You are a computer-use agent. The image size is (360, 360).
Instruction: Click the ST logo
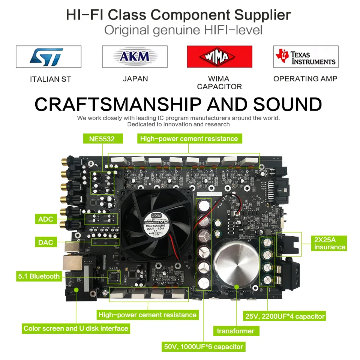(48, 57)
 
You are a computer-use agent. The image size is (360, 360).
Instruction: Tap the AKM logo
(135, 57)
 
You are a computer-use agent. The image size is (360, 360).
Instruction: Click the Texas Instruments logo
(306, 57)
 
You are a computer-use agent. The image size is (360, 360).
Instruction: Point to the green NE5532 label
(102, 139)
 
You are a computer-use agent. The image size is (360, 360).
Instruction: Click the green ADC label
(45, 219)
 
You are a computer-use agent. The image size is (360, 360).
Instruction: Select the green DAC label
(45, 242)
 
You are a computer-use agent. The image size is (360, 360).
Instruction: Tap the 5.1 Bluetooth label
(39, 276)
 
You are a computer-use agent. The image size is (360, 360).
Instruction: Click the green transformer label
(235, 331)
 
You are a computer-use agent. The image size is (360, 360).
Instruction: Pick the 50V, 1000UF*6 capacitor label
(203, 346)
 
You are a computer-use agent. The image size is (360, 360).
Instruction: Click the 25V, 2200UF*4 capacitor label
(285, 316)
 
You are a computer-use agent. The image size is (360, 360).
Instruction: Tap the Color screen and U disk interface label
(76, 328)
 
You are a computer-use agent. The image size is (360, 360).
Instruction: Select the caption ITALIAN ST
(50, 79)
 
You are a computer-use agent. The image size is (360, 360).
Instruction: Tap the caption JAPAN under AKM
(135, 79)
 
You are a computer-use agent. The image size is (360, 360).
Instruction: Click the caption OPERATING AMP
(305, 79)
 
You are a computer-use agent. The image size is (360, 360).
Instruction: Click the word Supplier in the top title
(262, 15)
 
